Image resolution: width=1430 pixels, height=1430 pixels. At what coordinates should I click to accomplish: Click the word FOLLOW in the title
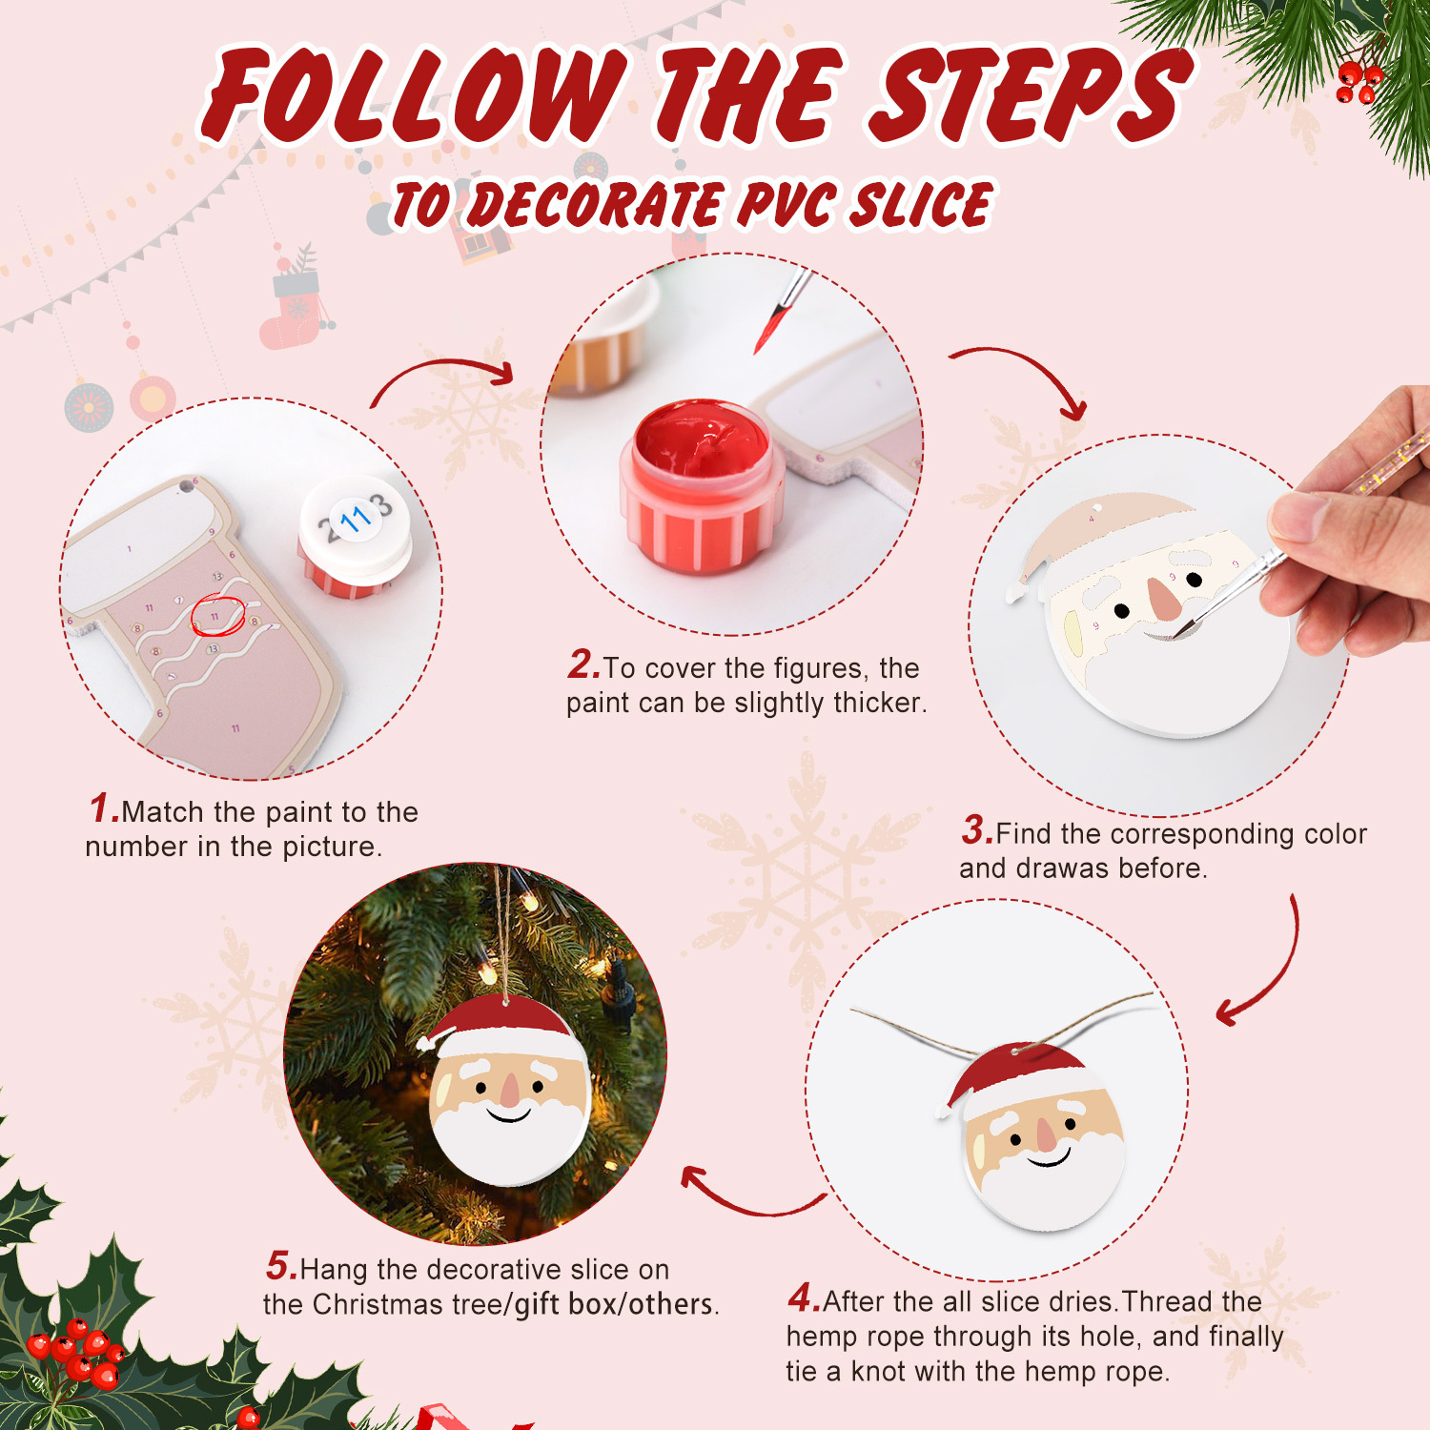coord(415,95)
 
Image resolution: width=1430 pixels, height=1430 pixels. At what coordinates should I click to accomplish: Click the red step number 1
coord(103,808)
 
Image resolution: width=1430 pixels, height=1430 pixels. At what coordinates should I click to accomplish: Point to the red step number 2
coord(582,664)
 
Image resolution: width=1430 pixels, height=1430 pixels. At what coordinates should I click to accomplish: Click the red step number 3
coord(976,829)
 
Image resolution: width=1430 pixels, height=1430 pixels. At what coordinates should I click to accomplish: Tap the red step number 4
coord(803,1297)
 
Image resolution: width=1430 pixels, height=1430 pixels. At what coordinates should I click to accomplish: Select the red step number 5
coord(281,1266)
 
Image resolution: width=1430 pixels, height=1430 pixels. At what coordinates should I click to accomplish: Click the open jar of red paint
coord(702,486)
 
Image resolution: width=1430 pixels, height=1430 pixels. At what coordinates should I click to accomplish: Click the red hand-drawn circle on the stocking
coord(217,616)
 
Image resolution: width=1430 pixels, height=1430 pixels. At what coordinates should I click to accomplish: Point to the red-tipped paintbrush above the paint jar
coord(777,315)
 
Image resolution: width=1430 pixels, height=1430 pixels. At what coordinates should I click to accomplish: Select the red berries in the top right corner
coord(1358,82)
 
